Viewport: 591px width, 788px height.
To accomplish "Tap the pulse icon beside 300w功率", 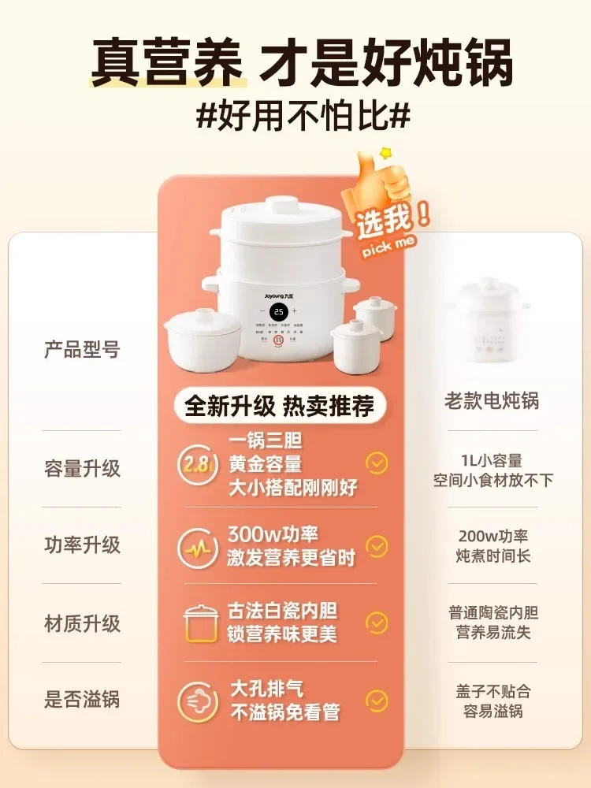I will pos(197,546).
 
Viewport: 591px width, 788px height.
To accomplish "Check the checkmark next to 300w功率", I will pos(377,546).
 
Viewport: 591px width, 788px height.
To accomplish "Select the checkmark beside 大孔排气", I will pos(377,700).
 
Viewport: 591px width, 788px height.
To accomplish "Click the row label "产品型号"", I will pos(82,350).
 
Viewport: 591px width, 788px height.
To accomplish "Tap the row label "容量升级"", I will pos(82,468).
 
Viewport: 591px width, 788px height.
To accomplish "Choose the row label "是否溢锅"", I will pos(82,699).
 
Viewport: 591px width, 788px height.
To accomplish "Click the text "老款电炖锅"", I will pos(492,401).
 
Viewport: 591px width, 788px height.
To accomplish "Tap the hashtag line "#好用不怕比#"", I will pos(303,117).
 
